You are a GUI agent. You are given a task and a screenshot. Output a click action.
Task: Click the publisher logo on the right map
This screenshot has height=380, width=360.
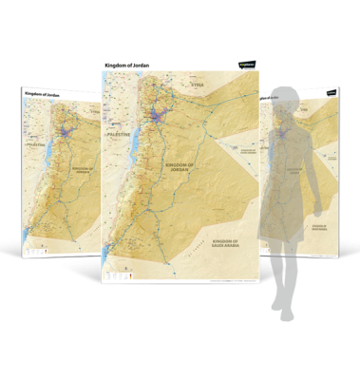[x=330, y=93]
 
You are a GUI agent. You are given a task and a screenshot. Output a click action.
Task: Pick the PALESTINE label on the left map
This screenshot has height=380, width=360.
[x=37, y=147]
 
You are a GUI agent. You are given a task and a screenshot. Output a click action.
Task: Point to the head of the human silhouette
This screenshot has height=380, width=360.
[x=288, y=101]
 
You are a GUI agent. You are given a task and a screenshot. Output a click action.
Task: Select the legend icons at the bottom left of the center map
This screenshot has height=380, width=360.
[x=115, y=275]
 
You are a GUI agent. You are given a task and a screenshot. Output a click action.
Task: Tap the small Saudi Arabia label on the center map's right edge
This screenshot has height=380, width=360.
[x=250, y=150]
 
